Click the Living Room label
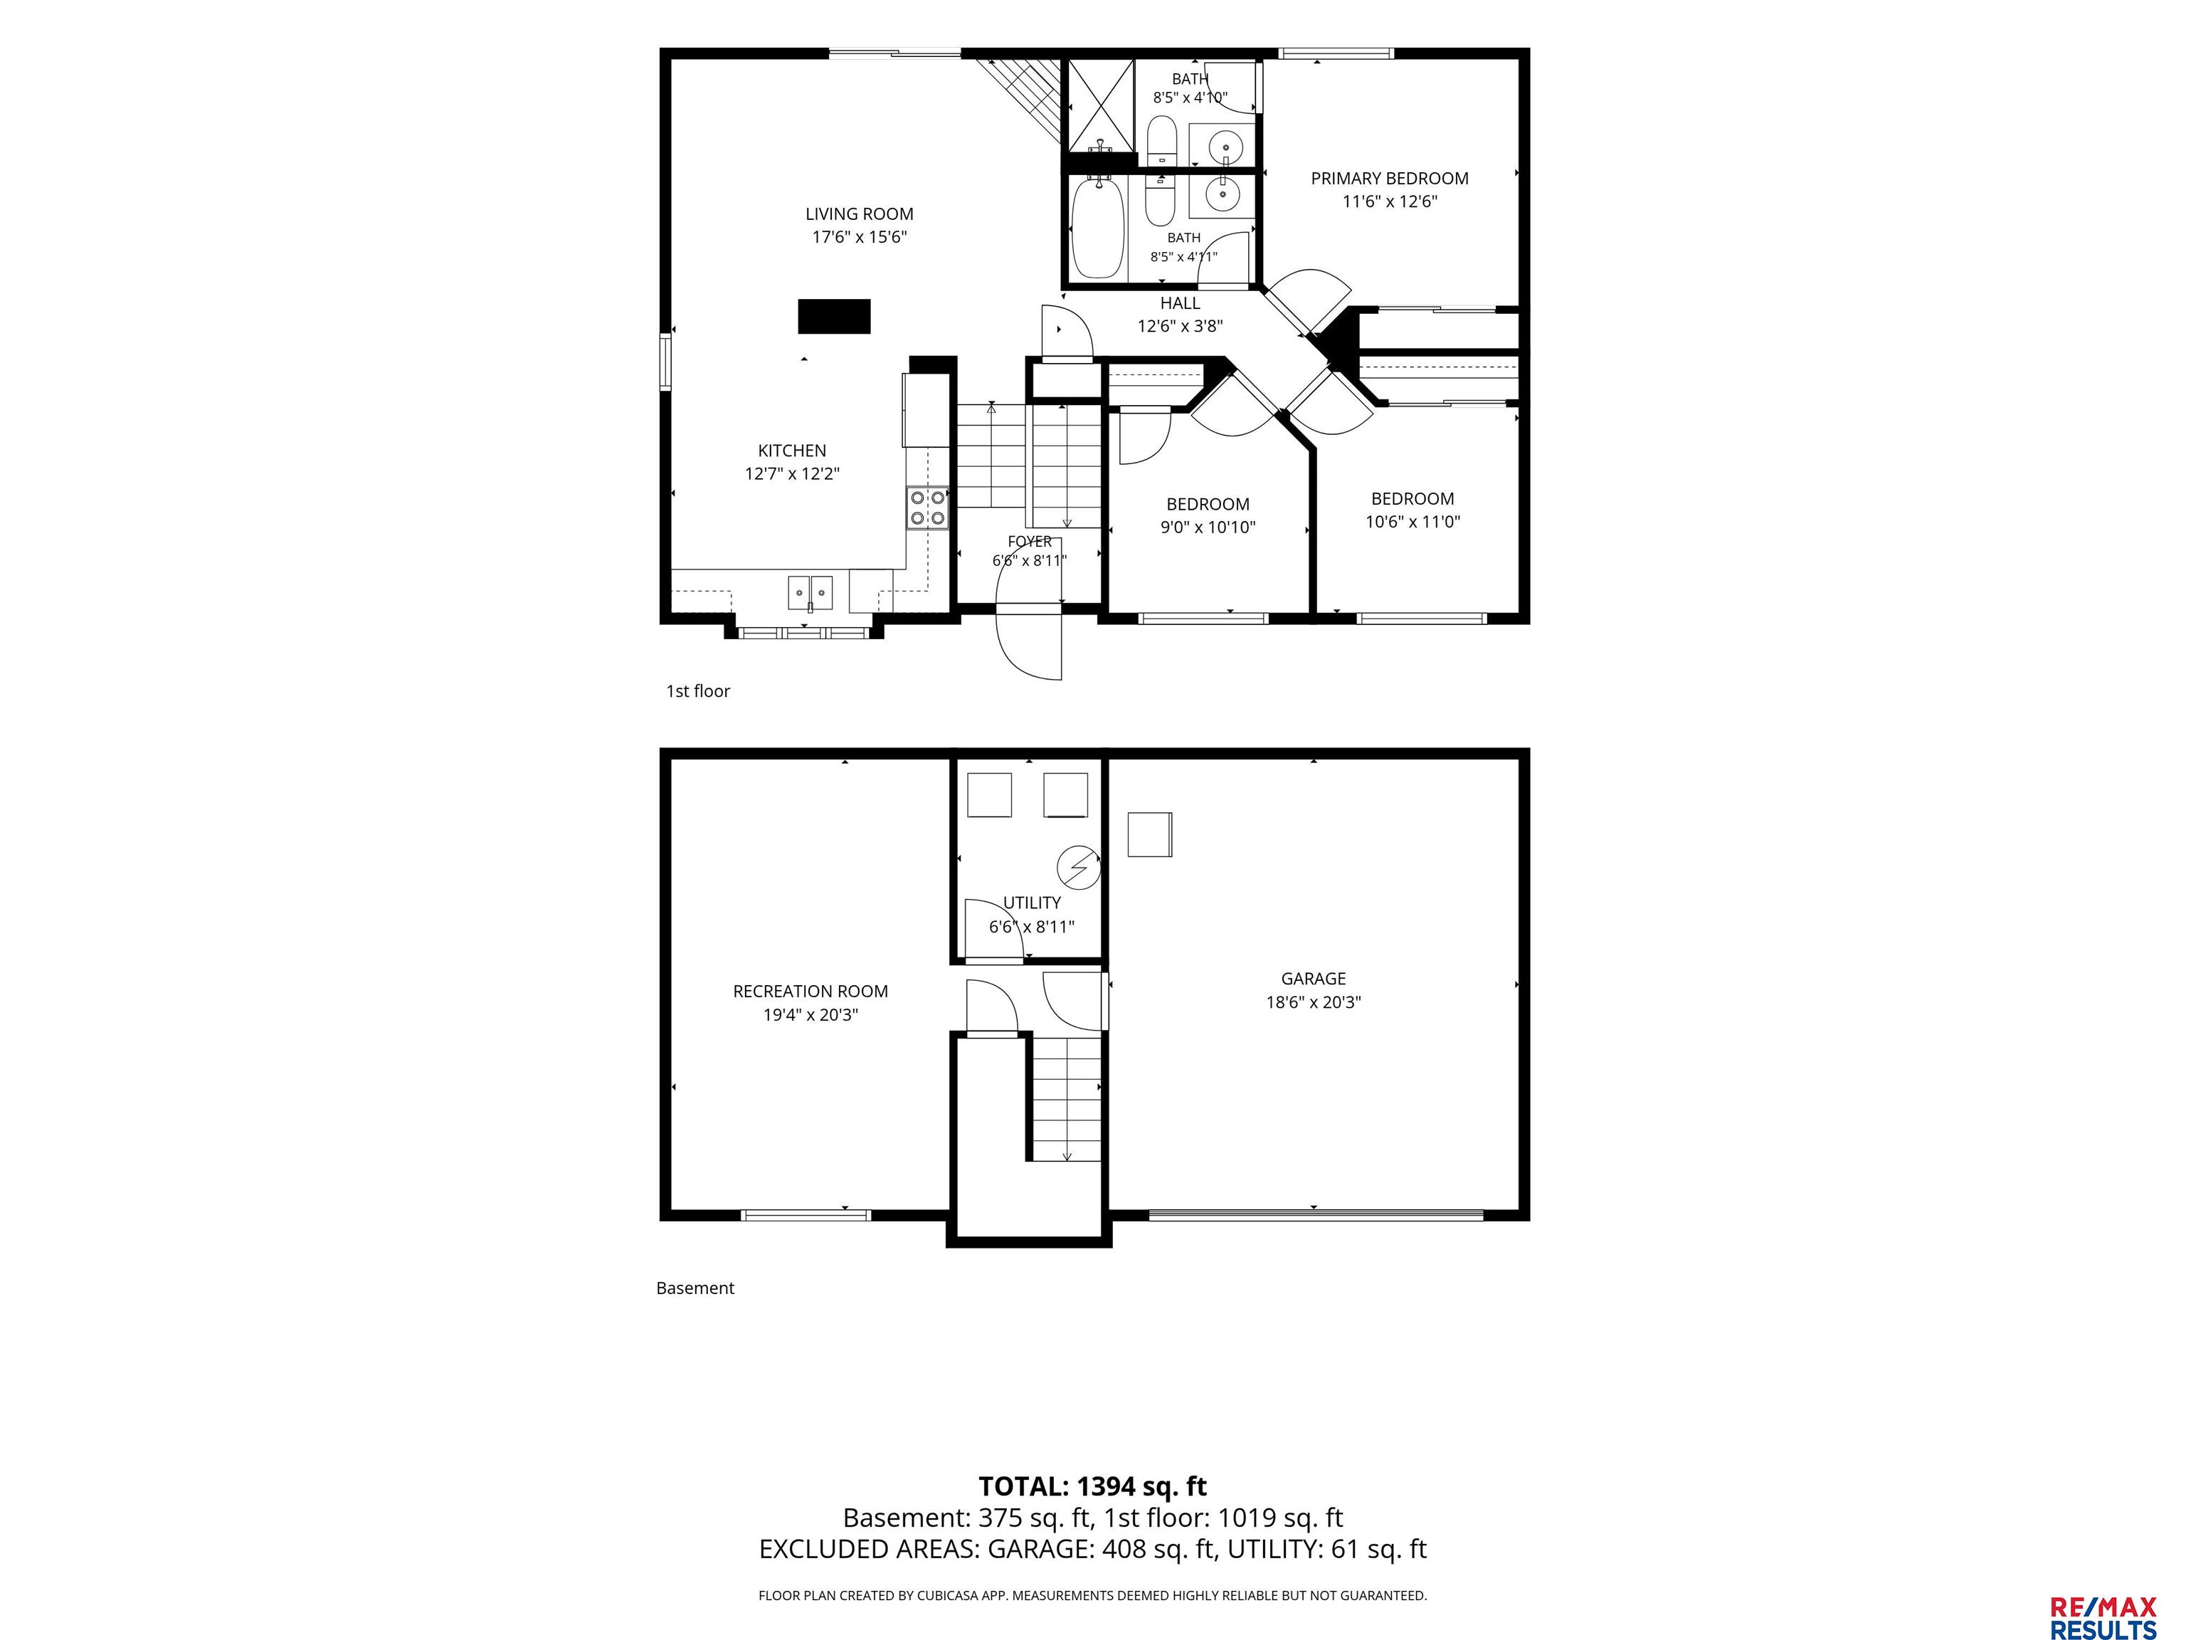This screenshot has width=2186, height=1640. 859,214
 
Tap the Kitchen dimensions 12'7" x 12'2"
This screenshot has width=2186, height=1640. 791,473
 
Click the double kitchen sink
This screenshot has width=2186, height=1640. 810,593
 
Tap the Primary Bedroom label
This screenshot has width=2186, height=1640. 1390,179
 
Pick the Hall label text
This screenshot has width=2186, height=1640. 1180,303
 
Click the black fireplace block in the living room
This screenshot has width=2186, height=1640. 834,316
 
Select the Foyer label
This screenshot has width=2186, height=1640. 1030,542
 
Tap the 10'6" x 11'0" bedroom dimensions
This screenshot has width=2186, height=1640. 1413,522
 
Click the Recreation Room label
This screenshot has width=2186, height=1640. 810,992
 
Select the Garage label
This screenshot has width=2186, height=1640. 1314,979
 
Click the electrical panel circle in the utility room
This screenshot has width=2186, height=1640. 1078,868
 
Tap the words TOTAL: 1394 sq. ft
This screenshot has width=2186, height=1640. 1092,1487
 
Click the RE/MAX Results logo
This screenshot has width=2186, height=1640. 2103,1592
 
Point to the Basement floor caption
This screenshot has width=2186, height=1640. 695,1288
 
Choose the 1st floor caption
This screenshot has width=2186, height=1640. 697,691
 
